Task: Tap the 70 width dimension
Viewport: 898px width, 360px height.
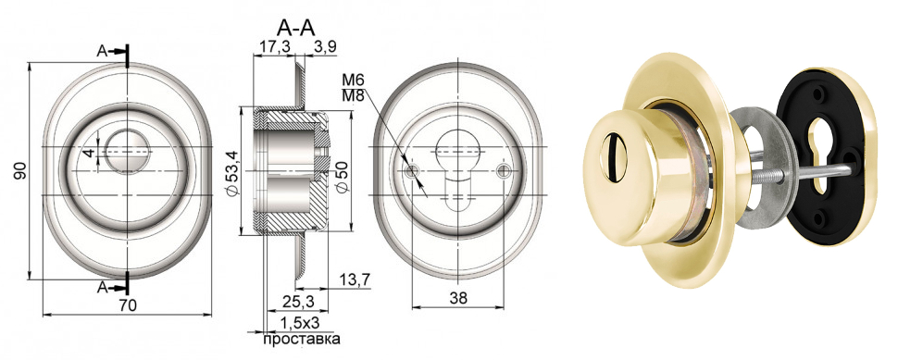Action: [x=128, y=305]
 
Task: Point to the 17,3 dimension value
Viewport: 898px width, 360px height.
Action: [x=274, y=48]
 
